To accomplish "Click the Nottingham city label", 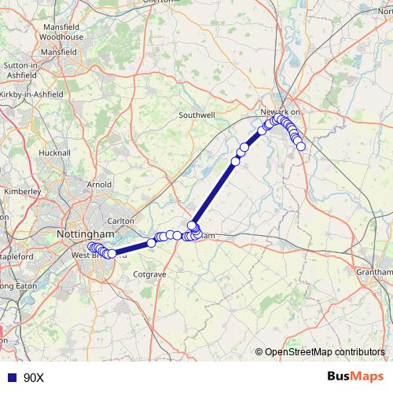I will click(x=86, y=234).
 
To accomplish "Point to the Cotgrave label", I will click(x=151, y=274).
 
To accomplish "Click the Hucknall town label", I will click(x=54, y=152).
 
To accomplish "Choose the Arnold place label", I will click(x=99, y=185).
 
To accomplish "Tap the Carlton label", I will click(x=121, y=221).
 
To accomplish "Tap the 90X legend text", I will click(x=34, y=378).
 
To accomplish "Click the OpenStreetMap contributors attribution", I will click(x=325, y=352).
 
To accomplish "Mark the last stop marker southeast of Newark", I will click(x=300, y=146).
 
